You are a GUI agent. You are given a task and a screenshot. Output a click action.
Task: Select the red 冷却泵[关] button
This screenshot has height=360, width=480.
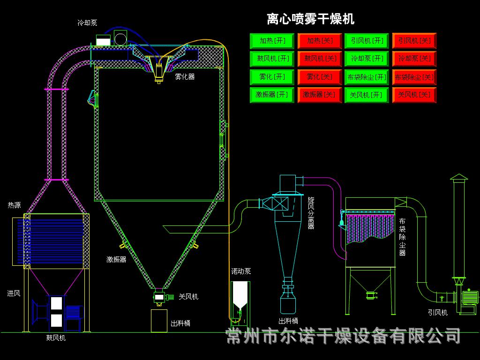pyautogui.click(x=414, y=59)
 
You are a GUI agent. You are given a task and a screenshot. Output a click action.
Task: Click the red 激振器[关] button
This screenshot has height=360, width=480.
pyautogui.click(x=319, y=95)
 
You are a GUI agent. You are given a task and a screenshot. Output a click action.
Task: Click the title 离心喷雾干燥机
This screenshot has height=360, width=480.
pyautogui.click(x=310, y=19)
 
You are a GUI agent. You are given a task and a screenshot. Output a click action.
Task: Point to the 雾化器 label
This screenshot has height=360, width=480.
pyautogui.click(x=185, y=77)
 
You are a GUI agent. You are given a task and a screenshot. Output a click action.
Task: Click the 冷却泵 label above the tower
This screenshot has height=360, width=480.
pyautogui.click(x=87, y=22)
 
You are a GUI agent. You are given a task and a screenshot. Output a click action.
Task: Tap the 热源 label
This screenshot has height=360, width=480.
pyautogui.click(x=14, y=205)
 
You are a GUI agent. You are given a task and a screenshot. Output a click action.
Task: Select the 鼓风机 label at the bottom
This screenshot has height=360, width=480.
pyautogui.click(x=56, y=337)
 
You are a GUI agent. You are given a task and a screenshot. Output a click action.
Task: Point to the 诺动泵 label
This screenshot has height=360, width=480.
pyautogui.click(x=241, y=271)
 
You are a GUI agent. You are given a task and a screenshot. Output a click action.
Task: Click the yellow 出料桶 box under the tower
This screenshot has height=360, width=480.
pyautogui.click(x=159, y=321)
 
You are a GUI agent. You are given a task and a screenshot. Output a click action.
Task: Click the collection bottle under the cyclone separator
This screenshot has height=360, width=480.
pyautogui.click(x=288, y=303)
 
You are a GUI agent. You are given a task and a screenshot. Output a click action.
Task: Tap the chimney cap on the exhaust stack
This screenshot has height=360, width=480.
pyautogui.click(x=459, y=177)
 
